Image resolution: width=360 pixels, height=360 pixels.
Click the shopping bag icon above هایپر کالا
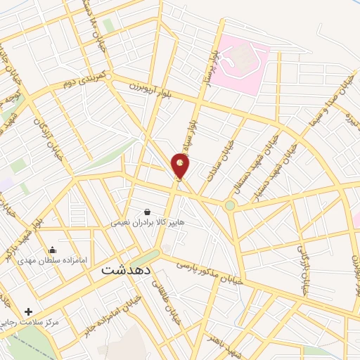[x=146, y=211]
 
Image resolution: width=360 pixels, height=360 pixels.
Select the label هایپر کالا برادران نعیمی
[x=147, y=222]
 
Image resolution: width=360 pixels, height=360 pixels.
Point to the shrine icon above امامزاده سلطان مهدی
[x=52, y=250]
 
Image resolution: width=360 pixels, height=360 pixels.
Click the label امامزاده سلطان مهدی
[x=52, y=260]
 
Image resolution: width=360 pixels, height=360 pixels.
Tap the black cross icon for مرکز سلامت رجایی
[x=28, y=311]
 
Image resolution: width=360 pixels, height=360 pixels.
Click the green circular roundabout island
[x=230, y=205]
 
